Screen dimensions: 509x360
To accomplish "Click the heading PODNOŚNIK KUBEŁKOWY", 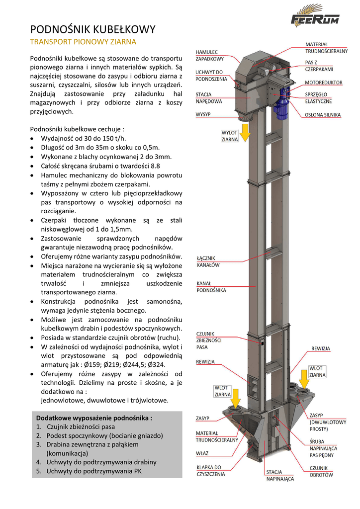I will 93,30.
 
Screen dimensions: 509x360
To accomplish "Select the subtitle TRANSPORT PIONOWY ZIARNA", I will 83,42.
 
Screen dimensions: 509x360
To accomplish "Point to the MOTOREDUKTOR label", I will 323,82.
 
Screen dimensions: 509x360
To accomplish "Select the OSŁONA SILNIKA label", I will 323,115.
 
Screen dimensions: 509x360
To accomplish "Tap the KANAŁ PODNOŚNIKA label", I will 211,286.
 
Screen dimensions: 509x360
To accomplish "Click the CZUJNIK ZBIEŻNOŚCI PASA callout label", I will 210,340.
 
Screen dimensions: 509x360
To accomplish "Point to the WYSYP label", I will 203,114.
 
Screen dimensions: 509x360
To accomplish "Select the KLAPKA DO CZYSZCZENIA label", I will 210,470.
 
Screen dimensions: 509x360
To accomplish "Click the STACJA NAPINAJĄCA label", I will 279,476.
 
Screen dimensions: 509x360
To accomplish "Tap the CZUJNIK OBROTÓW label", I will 321,471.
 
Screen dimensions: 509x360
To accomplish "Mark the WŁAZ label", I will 202,453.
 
